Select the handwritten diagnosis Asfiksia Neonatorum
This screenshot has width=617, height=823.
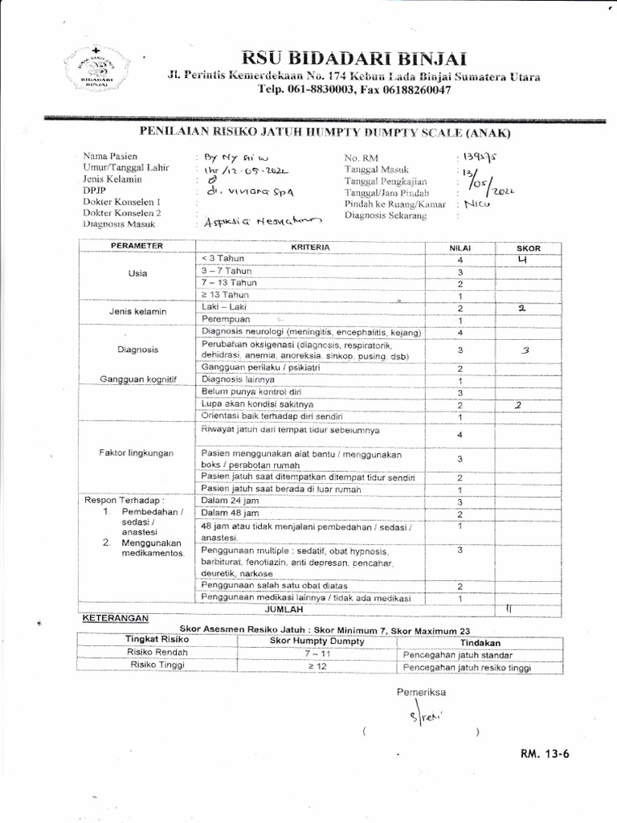(251, 220)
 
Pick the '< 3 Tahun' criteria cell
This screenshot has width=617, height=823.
(229, 258)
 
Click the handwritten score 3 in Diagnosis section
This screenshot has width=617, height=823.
(526, 350)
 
